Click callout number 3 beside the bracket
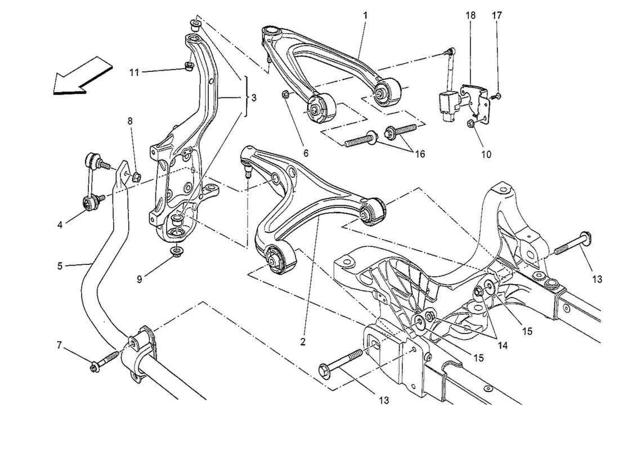point(254,98)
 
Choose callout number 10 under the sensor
point(486,154)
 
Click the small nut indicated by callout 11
point(190,68)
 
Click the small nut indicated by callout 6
point(286,94)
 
